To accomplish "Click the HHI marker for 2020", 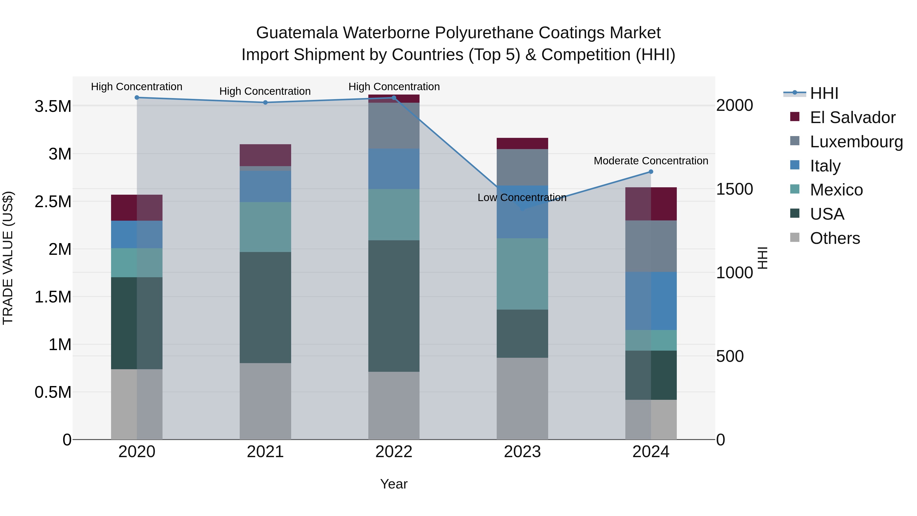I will point(137,98).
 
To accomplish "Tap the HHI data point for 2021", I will point(265,102).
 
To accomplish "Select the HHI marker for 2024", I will point(651,172).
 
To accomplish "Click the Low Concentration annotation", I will point(522,198).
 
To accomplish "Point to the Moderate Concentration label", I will point(651,161).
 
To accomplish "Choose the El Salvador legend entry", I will point(852,117).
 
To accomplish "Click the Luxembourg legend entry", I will point(856,142).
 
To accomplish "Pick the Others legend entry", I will point(835,238).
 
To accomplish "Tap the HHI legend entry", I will point(824,93).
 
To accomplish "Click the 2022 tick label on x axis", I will point(394,452).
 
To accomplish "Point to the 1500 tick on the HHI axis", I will point(734,189).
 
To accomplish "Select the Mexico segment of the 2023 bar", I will point(522,274).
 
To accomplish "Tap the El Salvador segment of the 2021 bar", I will point(265,155).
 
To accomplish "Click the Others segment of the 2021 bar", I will point(265,401).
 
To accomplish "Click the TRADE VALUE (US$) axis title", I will point(8,258).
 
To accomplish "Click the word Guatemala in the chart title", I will point(297,33).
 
